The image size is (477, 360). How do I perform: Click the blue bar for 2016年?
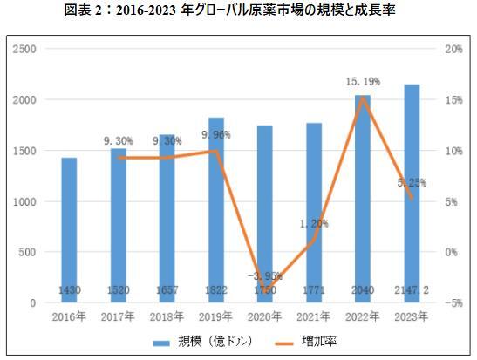pos(68,230)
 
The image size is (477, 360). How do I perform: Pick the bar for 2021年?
pos(314,213)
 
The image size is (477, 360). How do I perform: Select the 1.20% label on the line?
pos(314,223)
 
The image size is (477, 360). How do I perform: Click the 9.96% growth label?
pos(215,135)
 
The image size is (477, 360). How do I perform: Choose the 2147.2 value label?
pos(412,289)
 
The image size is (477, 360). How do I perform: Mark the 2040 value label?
pos(363,289)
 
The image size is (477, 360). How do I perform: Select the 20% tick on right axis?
pos(453,49)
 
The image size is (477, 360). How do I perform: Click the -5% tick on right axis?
pos(453,303)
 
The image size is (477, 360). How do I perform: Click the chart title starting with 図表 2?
pos(238,10)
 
